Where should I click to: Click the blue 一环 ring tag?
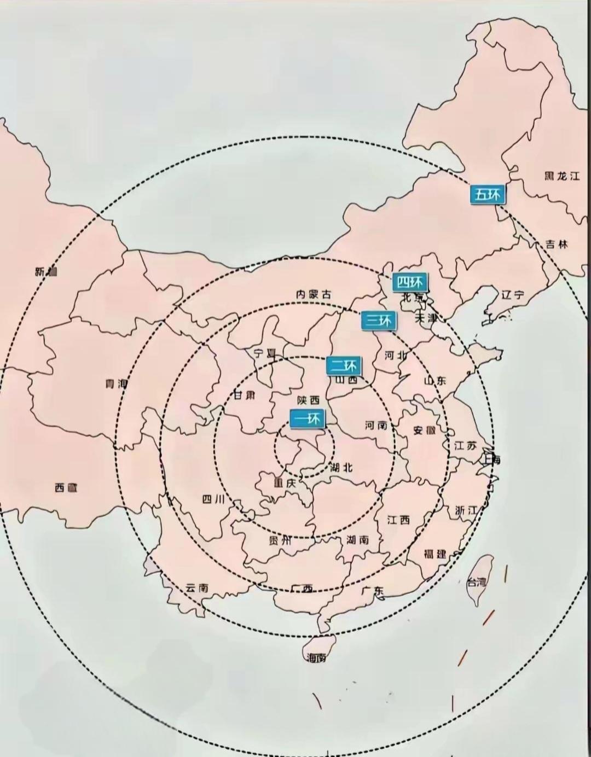[308, 419]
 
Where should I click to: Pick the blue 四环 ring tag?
[410, 282]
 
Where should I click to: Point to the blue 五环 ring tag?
[488, 194]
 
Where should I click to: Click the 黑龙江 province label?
[561, 176]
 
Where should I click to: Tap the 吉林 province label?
[557, 244]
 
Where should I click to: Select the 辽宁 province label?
[512, 295]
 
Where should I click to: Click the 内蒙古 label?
[314, 294]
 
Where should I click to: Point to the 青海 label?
[117, 384]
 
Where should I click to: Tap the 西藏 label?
[66, 487]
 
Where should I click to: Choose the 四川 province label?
[213, 499]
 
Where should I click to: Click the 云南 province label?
[197, 588]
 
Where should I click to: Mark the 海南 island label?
[317, 657]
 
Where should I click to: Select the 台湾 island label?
[477, 583]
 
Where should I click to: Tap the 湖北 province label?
[342, 468]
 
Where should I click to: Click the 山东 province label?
[435, 380]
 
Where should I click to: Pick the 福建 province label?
[435, 554]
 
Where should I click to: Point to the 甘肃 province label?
[244, 395]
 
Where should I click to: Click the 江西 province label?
[398, 520]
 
